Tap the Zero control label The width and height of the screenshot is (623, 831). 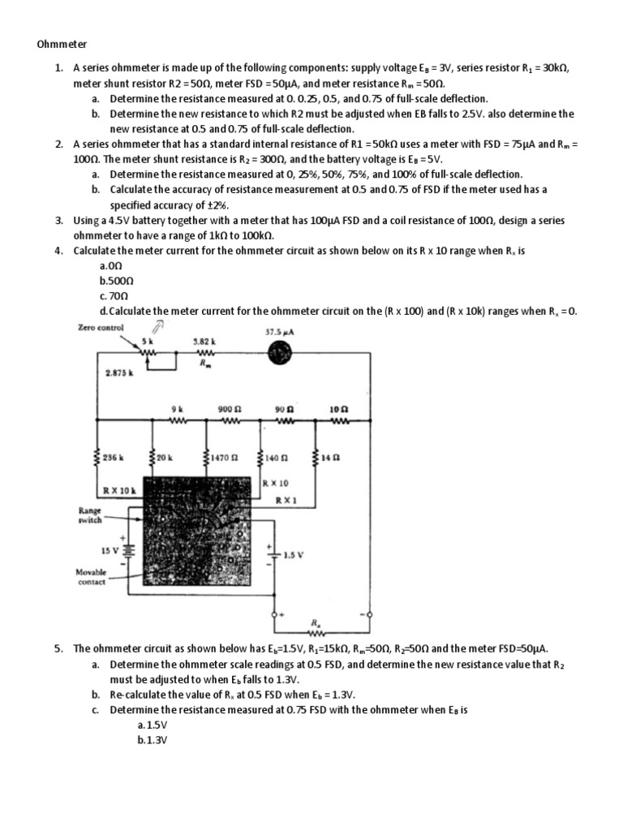[101, 328]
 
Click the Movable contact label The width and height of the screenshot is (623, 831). [92, 576]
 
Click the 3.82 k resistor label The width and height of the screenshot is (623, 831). [203, 342]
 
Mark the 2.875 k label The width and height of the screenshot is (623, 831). [120, 373]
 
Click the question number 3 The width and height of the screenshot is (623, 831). [58, 221]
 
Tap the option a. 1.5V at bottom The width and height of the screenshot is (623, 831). [153, 724]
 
